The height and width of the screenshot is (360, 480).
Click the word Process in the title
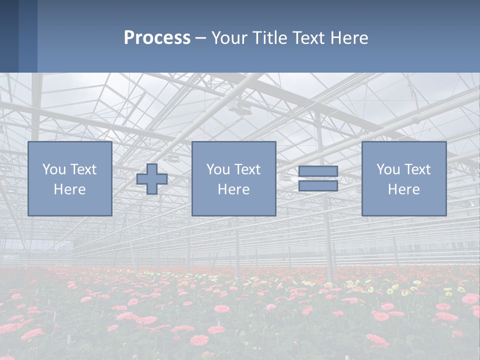[x=157, y=38]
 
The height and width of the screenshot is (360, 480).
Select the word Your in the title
[x=229, y=38]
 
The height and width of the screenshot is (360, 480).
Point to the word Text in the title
[x=308, y=38]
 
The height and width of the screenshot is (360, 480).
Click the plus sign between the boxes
[x=152, y=179]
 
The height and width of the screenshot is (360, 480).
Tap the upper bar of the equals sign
[x=318, y=171]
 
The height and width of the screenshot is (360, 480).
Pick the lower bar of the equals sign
[x=318, y=186]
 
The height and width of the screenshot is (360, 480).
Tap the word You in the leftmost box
[x=54, y=169]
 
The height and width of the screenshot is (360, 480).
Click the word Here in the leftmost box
[x=70, y=189]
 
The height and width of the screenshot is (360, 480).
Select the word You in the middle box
[x=218, y=169]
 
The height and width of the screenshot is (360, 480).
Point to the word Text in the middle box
[x=247, y=169]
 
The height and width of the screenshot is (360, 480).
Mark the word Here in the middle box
[x=234, y=189]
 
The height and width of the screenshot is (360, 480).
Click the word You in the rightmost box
[x=388, y=169]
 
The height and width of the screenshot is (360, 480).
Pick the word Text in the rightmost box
[x=417, y=169]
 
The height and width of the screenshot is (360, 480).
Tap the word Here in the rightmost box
[x=404, y=189]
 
